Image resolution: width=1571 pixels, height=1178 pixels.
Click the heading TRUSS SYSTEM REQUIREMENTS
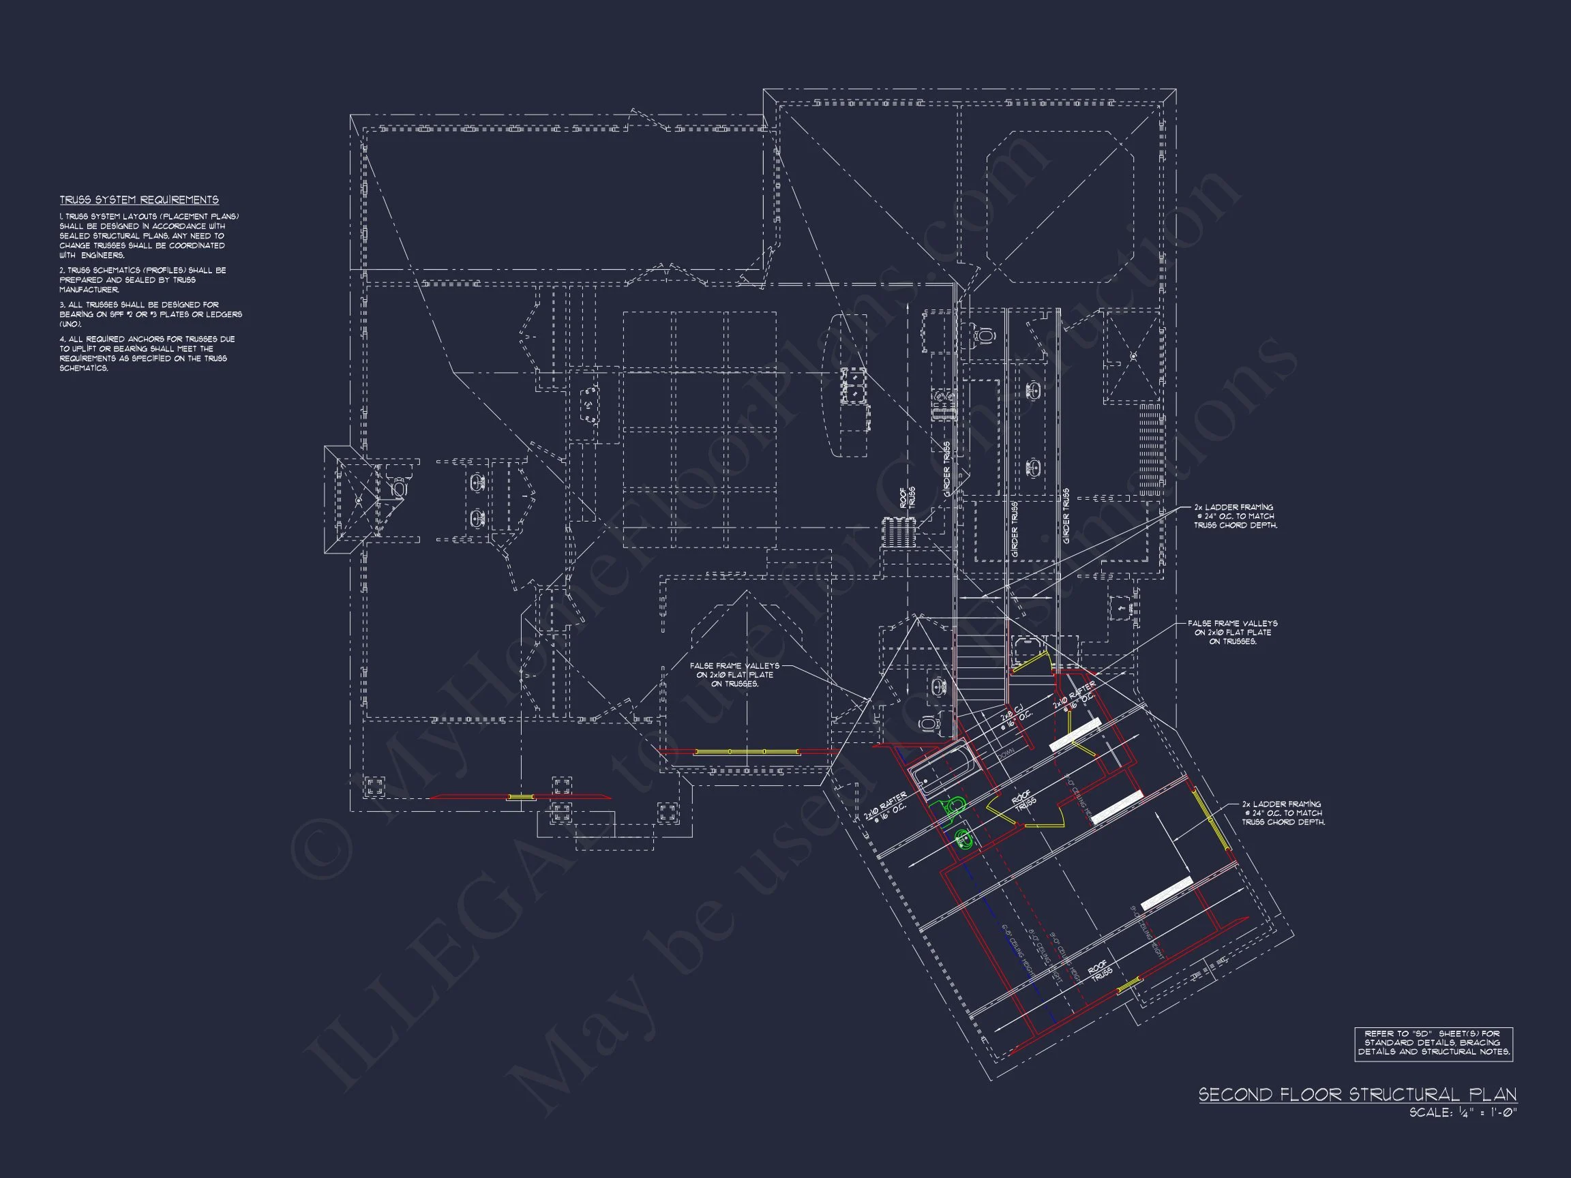tap(138, 200)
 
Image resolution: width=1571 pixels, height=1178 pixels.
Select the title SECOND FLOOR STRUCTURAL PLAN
tap(1357, 1094)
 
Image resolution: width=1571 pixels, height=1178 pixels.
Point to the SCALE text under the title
tap(1463, 1113)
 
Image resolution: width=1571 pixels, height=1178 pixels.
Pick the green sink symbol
tap(963, 840)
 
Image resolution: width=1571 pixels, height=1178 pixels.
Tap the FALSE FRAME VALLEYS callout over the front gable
tap(734, 675)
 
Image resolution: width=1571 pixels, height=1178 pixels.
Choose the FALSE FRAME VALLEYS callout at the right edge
tap(1233, 632)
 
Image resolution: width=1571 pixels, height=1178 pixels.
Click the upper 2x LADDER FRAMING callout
tap(1236, 516)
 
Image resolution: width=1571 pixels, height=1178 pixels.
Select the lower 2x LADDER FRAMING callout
tap(1283, 813)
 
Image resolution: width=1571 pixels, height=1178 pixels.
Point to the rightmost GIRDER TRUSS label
tap(1066, 516)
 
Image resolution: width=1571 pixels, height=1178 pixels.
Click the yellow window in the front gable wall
tap(746, 751)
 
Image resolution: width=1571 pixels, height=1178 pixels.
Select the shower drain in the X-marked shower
tap(1133, 355)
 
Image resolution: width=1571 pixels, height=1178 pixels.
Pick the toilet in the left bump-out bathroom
tap(398, 488)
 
